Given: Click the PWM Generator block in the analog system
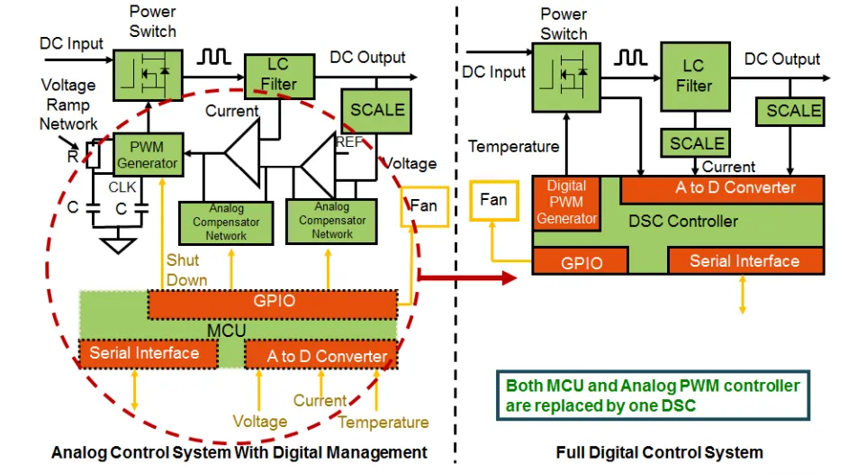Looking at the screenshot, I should coord(148,154).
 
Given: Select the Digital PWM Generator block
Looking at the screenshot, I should coord(565,203).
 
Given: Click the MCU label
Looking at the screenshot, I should coord(227,330).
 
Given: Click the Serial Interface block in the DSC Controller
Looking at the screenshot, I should coord(744,261).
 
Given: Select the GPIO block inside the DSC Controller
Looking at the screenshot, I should coord(581,262).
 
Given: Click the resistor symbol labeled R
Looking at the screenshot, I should coord(91,156).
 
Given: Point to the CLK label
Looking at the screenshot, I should coord(122,186).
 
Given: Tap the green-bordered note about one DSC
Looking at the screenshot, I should coord(653,396).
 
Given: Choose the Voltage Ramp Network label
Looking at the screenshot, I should coord(68,105).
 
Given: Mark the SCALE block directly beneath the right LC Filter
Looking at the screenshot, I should coord(697,143).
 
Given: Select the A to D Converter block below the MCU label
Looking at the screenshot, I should coord(320,355).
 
